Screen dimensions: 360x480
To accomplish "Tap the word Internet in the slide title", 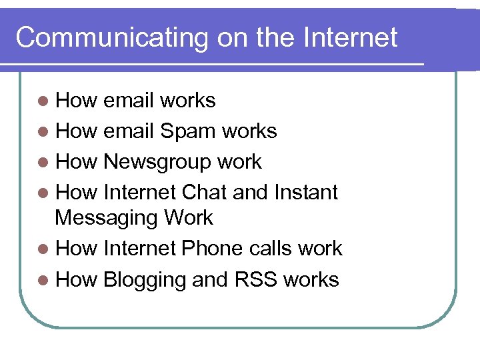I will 351,37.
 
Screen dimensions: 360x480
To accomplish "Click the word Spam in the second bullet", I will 188,131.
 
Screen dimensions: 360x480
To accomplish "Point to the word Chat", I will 204,193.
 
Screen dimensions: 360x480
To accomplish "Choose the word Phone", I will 212,249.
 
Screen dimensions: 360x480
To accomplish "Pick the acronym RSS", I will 255,279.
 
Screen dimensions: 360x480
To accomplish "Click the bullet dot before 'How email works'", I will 43,101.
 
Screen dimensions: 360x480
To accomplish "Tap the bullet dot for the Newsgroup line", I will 43,163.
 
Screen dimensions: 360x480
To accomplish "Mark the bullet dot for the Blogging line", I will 43,280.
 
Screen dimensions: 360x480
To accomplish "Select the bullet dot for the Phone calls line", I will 43,249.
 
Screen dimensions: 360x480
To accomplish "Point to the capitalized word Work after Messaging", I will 188,218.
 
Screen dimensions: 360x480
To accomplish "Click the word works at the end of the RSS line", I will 311,279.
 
